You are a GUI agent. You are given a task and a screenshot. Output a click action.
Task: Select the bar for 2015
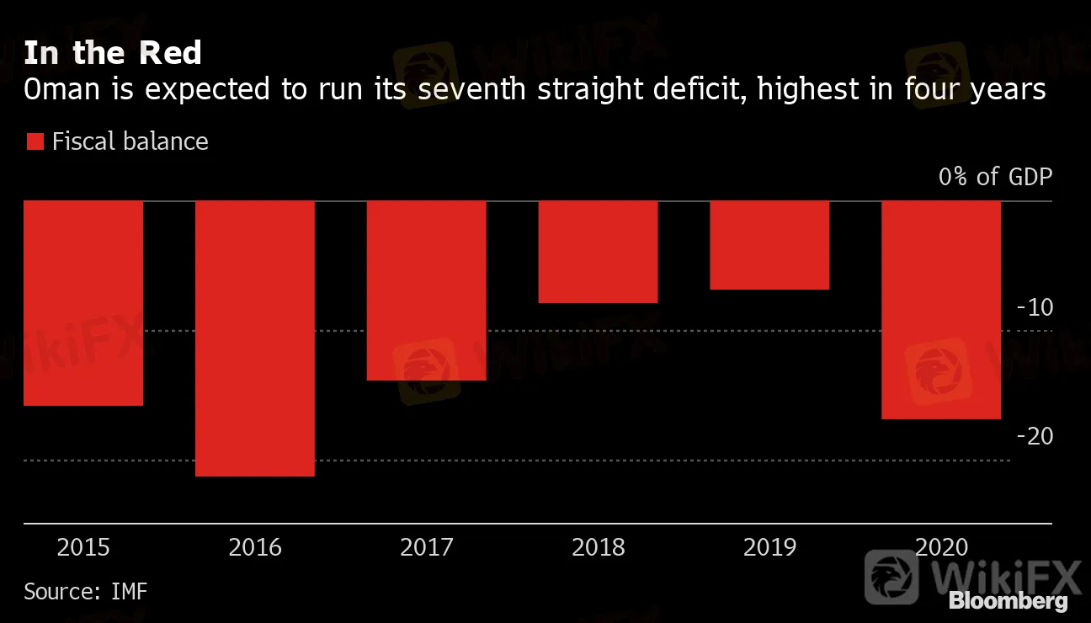(x=83, y=303)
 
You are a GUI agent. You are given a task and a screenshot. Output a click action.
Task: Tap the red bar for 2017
(x=427, y=290)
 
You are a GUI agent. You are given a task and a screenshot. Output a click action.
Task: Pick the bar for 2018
(x=598, y=252)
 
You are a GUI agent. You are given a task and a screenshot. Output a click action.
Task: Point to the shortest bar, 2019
(x=769, y=245)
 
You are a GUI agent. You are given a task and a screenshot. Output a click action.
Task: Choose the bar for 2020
(x=941, y=310)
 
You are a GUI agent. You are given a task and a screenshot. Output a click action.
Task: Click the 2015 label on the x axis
(x=83, y=548)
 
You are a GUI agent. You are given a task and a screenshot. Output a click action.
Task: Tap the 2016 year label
(x=255, y=548)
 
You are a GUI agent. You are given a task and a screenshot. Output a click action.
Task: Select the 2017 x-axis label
(x=427, y=548)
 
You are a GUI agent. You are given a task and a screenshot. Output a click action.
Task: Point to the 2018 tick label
(x=599, y=548)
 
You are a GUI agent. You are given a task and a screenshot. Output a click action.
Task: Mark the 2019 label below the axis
(x=770, y=548)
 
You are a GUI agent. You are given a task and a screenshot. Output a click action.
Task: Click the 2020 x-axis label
(x=942, y=548)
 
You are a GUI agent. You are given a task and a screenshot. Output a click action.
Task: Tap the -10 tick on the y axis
(x=1035, y=307)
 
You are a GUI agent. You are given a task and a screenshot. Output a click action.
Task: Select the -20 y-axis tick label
(x=1035, y=436)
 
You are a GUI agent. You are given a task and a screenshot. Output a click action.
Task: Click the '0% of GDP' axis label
(x=995, y=177)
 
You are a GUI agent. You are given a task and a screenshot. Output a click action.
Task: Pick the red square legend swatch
(x=35, y=141)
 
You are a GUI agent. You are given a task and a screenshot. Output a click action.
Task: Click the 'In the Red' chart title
(x=113, y=53)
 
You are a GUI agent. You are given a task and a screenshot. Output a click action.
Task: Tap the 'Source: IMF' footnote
(x=85, y=591)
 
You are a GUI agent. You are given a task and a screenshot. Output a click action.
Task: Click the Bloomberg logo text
(x=1009, y=601)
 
